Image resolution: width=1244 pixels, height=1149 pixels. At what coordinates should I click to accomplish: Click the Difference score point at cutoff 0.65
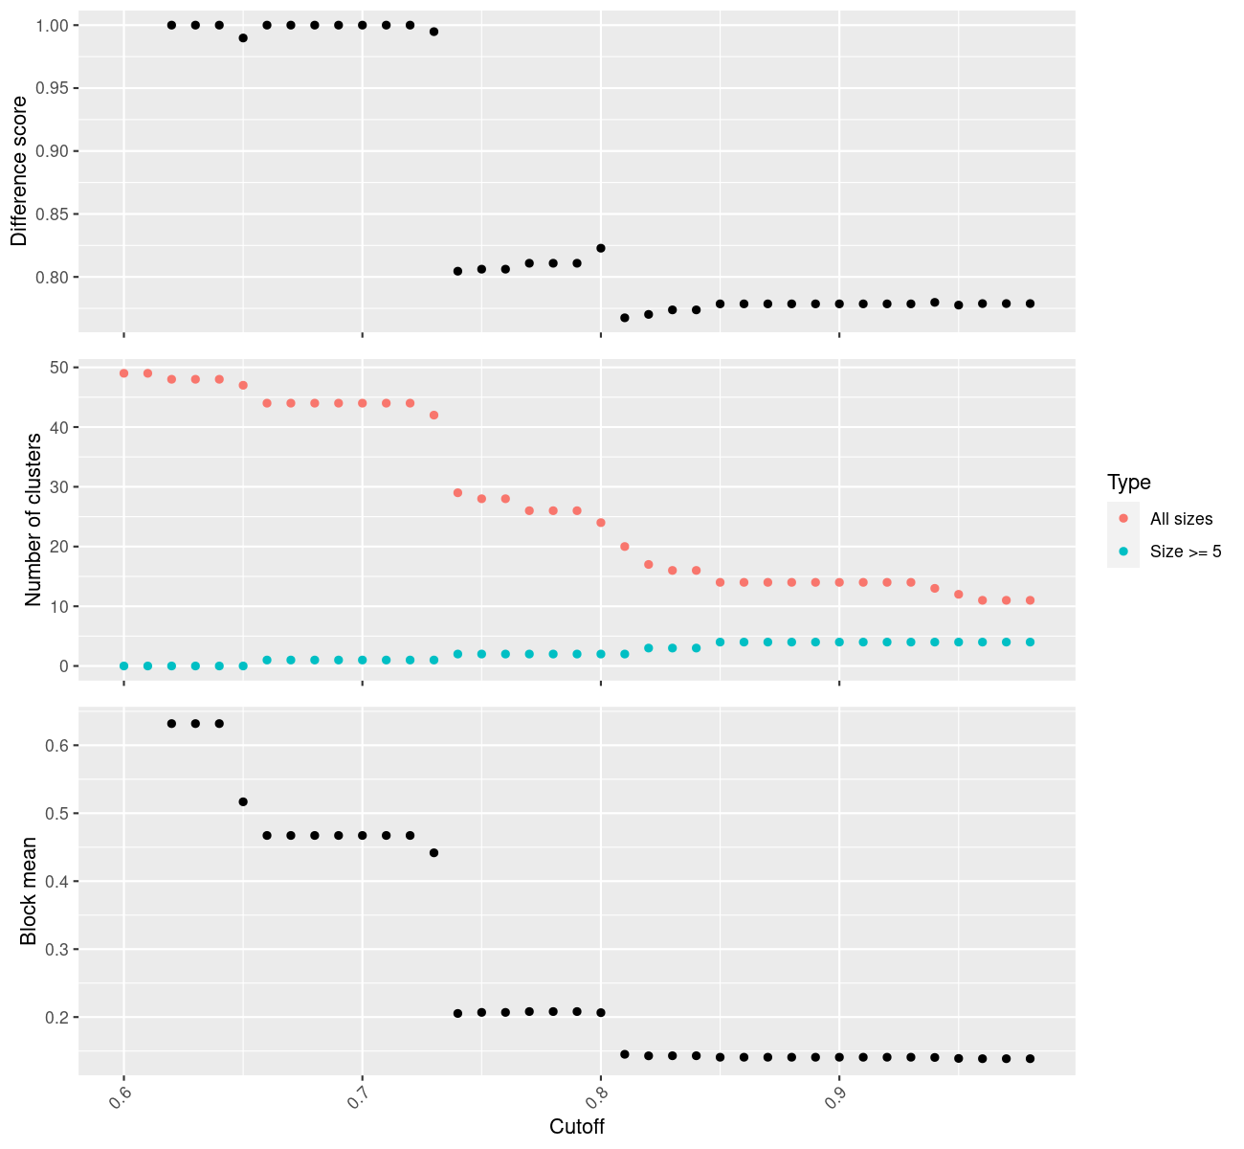(243, 38)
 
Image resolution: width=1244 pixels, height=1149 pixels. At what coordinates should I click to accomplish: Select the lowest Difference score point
(625, 318)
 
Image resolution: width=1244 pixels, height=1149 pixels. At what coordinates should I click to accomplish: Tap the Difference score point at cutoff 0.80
(601, 248)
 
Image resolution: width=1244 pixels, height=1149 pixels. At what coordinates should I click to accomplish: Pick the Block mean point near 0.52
(243, 801)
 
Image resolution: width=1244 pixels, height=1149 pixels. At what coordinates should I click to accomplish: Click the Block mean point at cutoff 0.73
(433, 852)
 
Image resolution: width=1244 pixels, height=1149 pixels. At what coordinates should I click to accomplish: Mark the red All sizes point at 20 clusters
(625, 547)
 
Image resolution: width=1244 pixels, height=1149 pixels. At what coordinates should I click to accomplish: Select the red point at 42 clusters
(433, 415)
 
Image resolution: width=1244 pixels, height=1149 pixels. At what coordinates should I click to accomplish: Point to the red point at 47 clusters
(243, 385)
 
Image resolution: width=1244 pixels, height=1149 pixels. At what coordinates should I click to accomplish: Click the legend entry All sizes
(1181, 519)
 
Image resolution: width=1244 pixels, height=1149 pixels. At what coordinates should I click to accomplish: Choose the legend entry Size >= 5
(1186, 552)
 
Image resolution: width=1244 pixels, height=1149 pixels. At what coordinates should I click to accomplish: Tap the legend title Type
(1128, 482)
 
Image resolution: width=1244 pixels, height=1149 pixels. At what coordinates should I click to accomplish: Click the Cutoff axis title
(577, 1126)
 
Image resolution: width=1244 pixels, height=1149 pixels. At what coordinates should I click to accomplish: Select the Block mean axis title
(30, 890)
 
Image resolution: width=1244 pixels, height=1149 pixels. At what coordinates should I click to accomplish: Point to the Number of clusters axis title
(33, 520)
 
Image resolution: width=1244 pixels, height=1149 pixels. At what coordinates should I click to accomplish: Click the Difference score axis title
(19, 170)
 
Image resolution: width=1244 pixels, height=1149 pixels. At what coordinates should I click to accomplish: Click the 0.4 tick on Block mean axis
(56, 881)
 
